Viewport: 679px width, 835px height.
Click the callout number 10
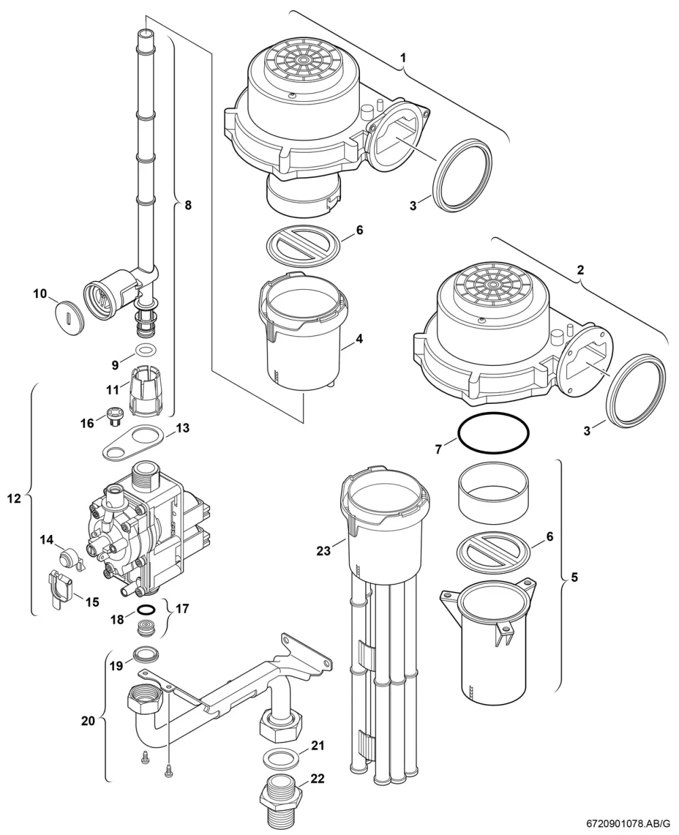pyautogui.click(x=39, y=294)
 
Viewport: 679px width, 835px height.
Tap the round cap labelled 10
pyautogui.click(x=70, y=318)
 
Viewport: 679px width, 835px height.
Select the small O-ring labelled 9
pyautogui.click(x=145, y=349)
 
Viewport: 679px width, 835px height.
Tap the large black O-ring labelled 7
pyautogui.click(x=493, y=433)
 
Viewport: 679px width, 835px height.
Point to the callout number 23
pyautogui.click(x=323, y=551)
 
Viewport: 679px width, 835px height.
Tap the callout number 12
pyautogui.click(x=14, y=499)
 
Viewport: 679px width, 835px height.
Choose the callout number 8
pyautogui.click(x=188, y=205)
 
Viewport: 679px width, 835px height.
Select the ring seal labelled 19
pyautogui.click(x=147, y=653)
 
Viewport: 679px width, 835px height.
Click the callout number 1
pyautogui.click(x=403, y=58)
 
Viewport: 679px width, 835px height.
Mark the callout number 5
pyautogui.click(x=574, y=578)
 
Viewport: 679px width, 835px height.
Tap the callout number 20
pyautogui.click(x=88, y=720)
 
